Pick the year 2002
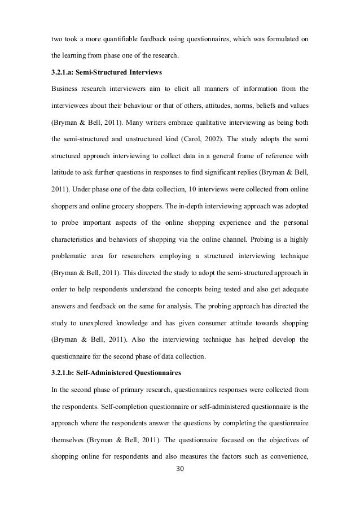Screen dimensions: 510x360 [x=256, y=136]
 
